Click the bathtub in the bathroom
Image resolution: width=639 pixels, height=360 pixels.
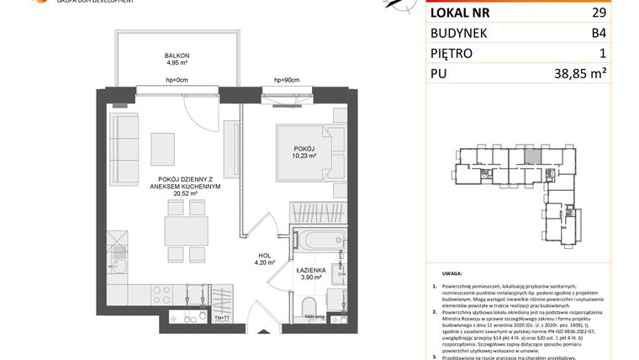(319, 240)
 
